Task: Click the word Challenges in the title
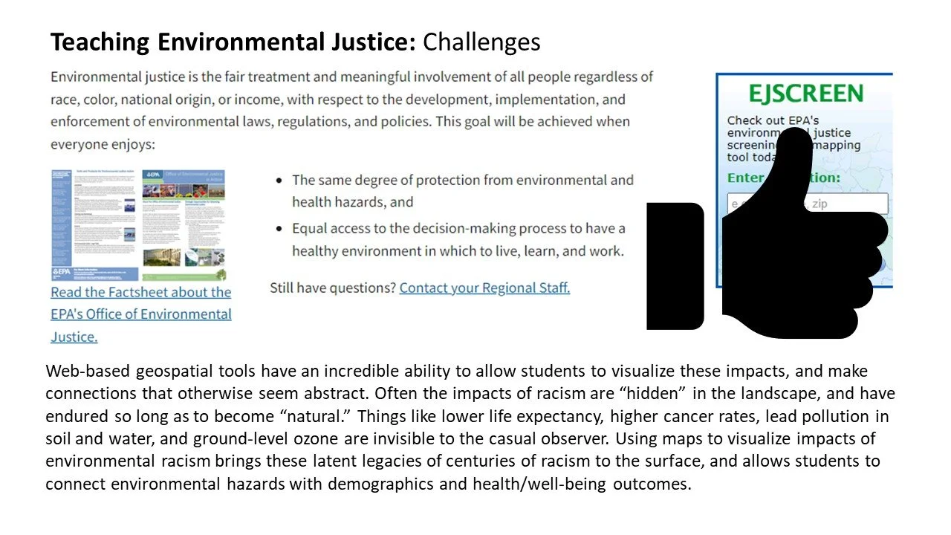(481, 42)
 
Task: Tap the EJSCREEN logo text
(805, 94)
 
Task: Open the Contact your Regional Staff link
(484, 288)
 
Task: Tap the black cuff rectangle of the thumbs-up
(675, 266)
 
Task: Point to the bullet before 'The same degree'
(279, 181)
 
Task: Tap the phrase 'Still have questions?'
(332, 288)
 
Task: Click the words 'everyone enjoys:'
(100, 143)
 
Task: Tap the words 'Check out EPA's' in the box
(773, 120)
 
